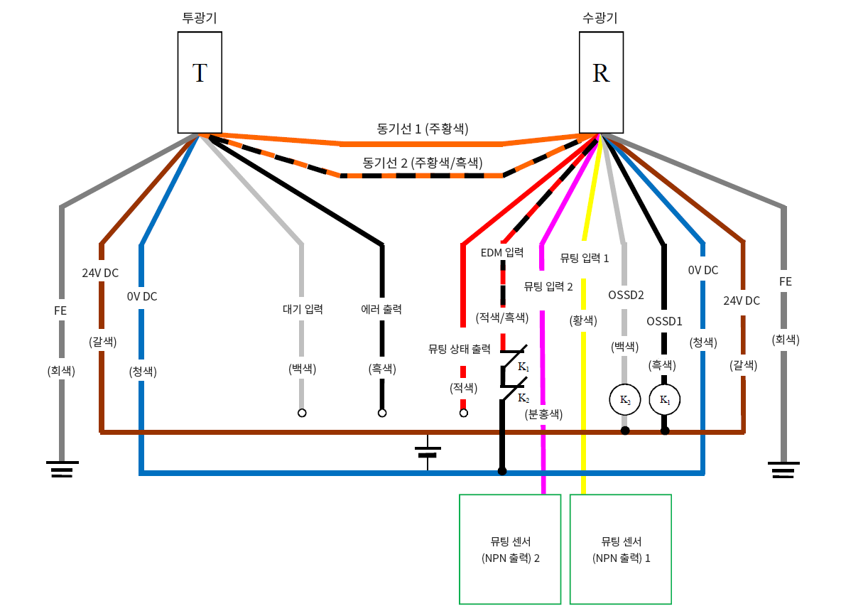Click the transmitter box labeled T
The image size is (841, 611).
pos(200,82)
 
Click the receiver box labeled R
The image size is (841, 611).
pos(601,82)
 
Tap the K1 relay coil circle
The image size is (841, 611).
pos(665,400)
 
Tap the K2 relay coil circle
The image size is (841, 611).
pos(625,400)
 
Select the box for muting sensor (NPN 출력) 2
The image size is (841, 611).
pos(511,549)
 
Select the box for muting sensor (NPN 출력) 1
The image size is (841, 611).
pos(621,549)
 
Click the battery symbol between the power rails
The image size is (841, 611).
pos(428,452)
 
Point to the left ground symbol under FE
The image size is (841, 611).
pos(62,470)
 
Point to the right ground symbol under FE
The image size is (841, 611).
pos(783,470)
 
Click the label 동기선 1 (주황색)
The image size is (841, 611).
pos(422,129)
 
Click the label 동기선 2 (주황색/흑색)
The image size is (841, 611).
pos(422,163)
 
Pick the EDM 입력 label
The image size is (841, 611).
pos(502,252)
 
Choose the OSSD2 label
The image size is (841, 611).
pos(626,293)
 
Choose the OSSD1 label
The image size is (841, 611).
pos(665,321)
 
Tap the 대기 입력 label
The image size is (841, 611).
pos(303,309)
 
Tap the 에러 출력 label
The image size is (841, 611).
pos(381,309)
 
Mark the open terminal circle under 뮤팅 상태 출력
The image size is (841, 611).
pos(464,413)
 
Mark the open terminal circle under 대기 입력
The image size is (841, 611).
pos(302,413)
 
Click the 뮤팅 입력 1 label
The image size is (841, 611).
pos(585,258)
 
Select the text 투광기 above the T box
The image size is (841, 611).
pos(200,18)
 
